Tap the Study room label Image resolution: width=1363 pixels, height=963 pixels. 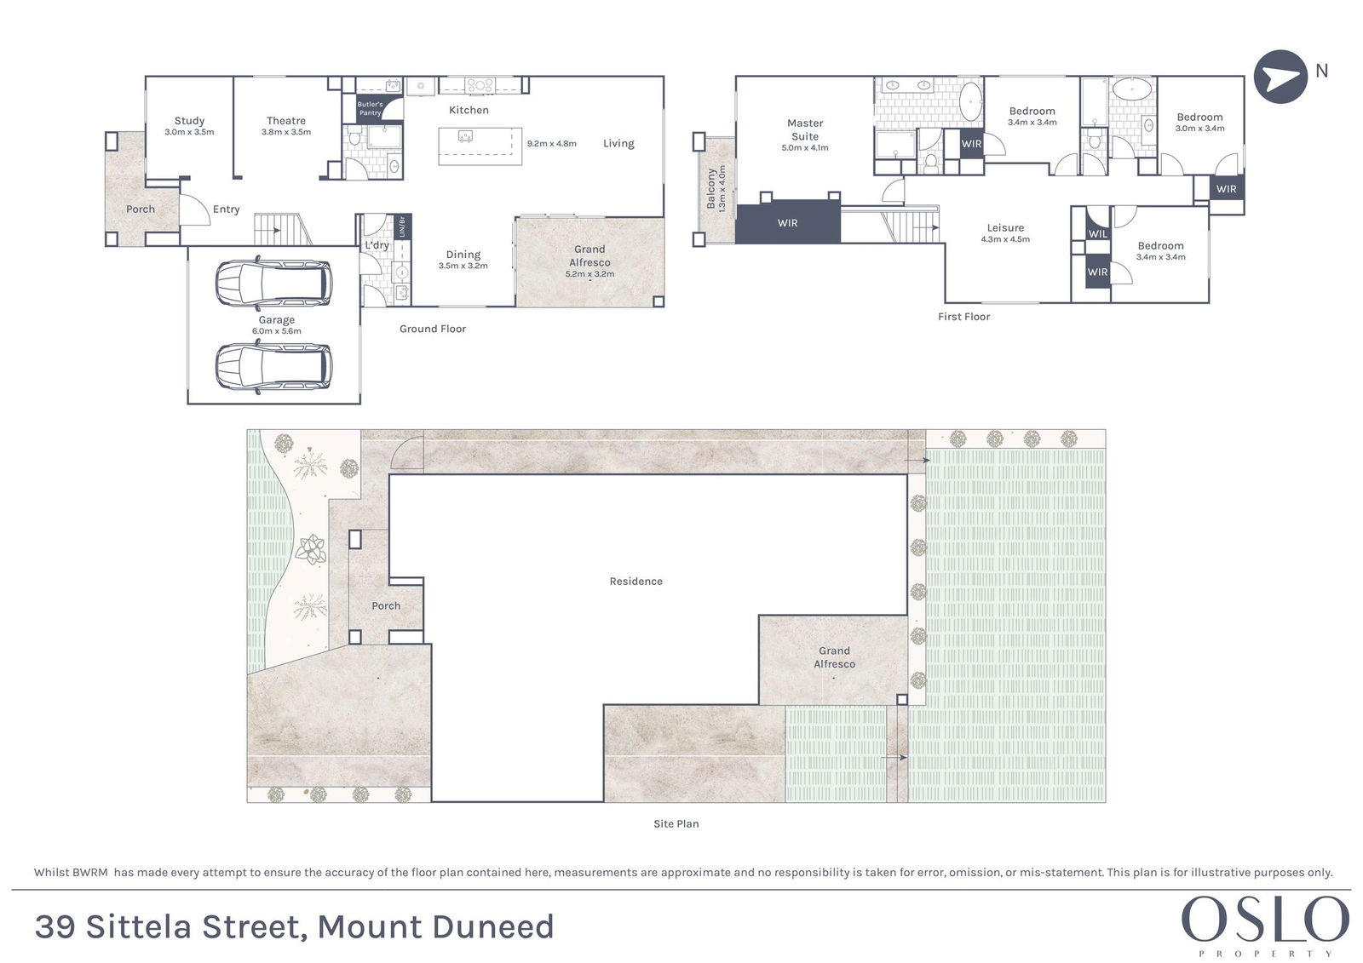click(189, 121)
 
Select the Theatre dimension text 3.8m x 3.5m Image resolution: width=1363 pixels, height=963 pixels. click(286, 132)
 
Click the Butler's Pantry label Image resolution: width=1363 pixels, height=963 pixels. click(370, 108)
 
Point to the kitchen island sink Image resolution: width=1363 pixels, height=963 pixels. click(466, 135)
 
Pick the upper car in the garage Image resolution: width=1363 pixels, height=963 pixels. click(273, 283)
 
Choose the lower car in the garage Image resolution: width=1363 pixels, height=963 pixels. click(273, 367)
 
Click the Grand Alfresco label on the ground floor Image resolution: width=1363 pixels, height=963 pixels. click(589, 256)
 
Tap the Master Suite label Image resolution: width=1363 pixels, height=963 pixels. click(805, 130)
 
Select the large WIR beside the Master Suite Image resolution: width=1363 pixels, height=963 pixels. click(788, 223)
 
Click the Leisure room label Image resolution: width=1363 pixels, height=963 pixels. click(1005, 228)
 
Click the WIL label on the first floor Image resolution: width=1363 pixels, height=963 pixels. click(1098, 234)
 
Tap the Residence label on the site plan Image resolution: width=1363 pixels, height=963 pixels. click(635, 582)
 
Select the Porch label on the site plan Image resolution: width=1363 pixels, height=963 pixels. click(386, 606)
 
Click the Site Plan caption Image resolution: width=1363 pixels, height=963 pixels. click(676, 823)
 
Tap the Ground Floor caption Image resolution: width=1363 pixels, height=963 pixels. click(433, 330)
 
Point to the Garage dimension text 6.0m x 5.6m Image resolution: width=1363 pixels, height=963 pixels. click(276, 331)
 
